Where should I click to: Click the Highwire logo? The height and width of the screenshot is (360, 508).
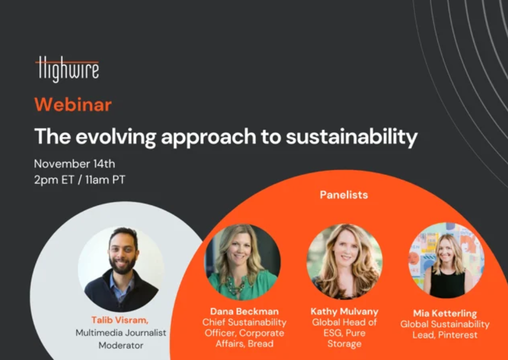click(x=67, y=69)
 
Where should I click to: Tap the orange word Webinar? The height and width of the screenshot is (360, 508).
click(x=73, y=105)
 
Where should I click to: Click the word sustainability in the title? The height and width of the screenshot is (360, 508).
click(x=352, y=137)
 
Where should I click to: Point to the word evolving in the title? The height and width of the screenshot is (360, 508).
click(x=116, y=137)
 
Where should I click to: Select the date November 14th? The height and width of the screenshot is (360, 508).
click(x=75, y=164)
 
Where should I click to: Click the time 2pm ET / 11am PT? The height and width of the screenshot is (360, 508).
click(x=79, y=179)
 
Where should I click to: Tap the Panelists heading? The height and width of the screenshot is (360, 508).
click(x=344, y=195)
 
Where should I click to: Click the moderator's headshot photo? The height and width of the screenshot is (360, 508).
click(x=121, y=269)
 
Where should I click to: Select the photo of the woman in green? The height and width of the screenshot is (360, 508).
click(x=243, y=262)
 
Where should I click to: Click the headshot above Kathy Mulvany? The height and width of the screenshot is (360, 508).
click(x=344, y=261)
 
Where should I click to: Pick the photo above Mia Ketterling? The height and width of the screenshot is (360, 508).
click(x=447, y=260)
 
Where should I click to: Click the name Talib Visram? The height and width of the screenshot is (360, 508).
click(x=119, y=320)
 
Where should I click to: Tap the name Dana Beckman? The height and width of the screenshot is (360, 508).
click(x=244, y=311)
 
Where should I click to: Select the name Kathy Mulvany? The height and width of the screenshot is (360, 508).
click(x=344, y=312)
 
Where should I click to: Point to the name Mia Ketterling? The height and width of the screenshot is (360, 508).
click(x=445, y=313)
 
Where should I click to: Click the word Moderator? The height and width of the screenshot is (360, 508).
click(x=121, y=345)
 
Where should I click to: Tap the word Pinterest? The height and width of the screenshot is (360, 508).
click(x=458, y=335)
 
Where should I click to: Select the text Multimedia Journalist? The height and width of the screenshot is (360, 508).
click(x=121, y=333)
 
